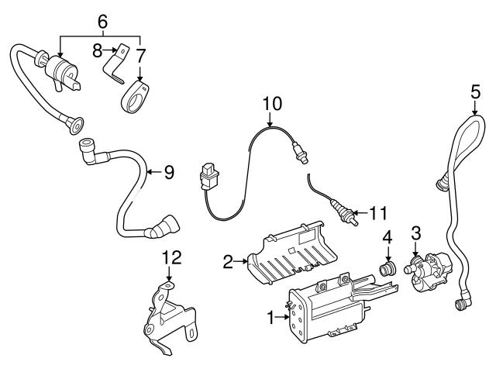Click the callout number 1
[270, 317]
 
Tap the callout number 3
[415, 232]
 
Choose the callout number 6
[101, 21]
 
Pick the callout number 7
[141, 56]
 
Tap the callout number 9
[168, 172]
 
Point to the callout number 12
[169, 257]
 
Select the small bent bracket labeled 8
[117, 65]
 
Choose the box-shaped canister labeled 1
[318, 310]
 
